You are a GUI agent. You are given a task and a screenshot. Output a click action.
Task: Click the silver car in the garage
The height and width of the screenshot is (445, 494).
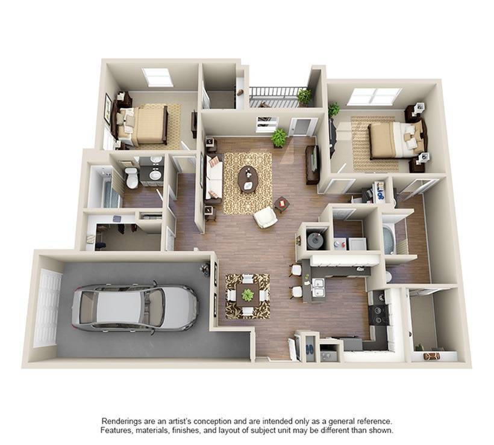click(x=136, y=307)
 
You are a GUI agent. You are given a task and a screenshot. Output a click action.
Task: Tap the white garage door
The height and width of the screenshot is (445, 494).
click(x=48, y=307)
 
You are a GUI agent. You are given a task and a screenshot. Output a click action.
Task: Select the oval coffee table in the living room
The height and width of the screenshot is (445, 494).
click(x=247, y=179)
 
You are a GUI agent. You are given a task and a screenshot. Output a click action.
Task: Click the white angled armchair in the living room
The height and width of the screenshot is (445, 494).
click(x=264, y=217)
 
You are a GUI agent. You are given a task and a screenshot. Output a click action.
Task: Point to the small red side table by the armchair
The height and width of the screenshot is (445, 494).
click(x=281, y=204)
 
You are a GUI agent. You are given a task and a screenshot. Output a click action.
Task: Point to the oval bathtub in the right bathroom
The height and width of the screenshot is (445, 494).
click(x=389, y=240)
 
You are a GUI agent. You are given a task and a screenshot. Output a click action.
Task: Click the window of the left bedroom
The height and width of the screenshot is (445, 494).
click(x=157, y=77)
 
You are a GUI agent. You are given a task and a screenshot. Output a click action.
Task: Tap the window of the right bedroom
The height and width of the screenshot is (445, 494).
click(x=374, y=96)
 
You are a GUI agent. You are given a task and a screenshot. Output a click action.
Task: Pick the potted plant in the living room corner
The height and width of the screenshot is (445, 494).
click(x=279, y=137)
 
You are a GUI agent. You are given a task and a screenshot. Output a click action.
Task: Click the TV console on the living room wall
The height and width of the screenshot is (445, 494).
click(x=312, y=164)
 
